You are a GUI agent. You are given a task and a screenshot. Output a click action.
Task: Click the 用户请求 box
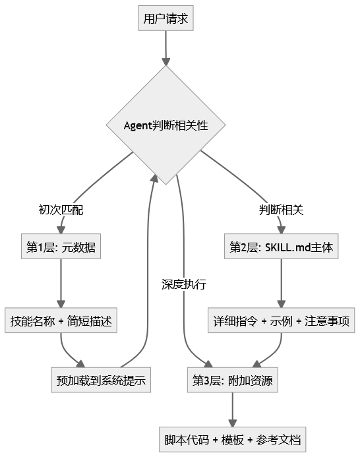click(166, 18)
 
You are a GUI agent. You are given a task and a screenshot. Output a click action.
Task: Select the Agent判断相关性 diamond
click(166, 125)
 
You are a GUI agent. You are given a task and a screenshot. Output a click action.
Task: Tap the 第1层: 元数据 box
click(61, 248)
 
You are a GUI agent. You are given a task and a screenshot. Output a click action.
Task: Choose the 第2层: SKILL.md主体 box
click(282, 248)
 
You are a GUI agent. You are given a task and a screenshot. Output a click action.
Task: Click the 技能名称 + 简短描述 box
click(61, 322)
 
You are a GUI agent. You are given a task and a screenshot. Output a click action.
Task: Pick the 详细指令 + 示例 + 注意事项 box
click(282, 322)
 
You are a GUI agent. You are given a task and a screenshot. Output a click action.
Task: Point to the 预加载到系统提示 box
click(101, 380)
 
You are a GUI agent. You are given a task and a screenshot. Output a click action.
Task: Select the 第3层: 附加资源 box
click(231, 380)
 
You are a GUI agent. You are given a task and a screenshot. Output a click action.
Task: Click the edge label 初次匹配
click(61, 210)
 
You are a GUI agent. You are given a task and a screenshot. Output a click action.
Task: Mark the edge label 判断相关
click(282, 210)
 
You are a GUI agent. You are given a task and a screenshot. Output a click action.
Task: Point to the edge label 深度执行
click(184, 285)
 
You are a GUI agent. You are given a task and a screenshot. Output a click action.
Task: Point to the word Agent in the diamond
click(138, 125)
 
